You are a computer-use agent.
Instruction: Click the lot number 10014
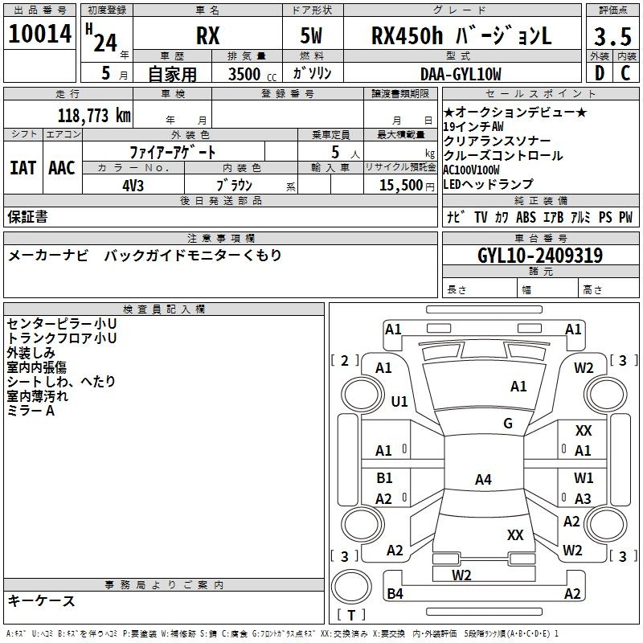click(x=39, y=34)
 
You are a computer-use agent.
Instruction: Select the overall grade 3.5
click(x=612, y=37)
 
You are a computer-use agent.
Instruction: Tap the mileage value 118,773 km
click(x=94, y=116)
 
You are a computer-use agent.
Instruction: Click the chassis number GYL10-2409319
click(x=540, y=256)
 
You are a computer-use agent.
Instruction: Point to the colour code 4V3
click(x=133, y=186)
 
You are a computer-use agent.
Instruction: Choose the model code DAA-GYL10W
click(x=461, y=74)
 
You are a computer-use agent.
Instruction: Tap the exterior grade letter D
click(x=600, y=73)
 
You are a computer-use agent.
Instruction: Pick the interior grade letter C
click(x=625, y=73)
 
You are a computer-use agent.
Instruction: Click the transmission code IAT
click(x=23, y=168)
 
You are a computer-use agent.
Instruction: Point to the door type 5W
click(x=311, y=35)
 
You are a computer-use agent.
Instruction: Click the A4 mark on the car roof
click(x=483, y=479)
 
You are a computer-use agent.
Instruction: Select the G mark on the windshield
click(x=508, y=424)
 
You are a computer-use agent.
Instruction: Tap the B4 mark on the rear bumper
click(x=395, y=593)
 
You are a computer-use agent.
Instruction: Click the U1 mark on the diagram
click(x=399, y=401)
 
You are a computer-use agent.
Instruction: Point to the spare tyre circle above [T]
click(x=351, y=587)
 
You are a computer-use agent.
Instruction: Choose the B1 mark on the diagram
click(x=384, y=477)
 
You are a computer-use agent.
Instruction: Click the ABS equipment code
click(x=526, y=217)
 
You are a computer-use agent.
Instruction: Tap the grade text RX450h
click(x=407, y=35)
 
